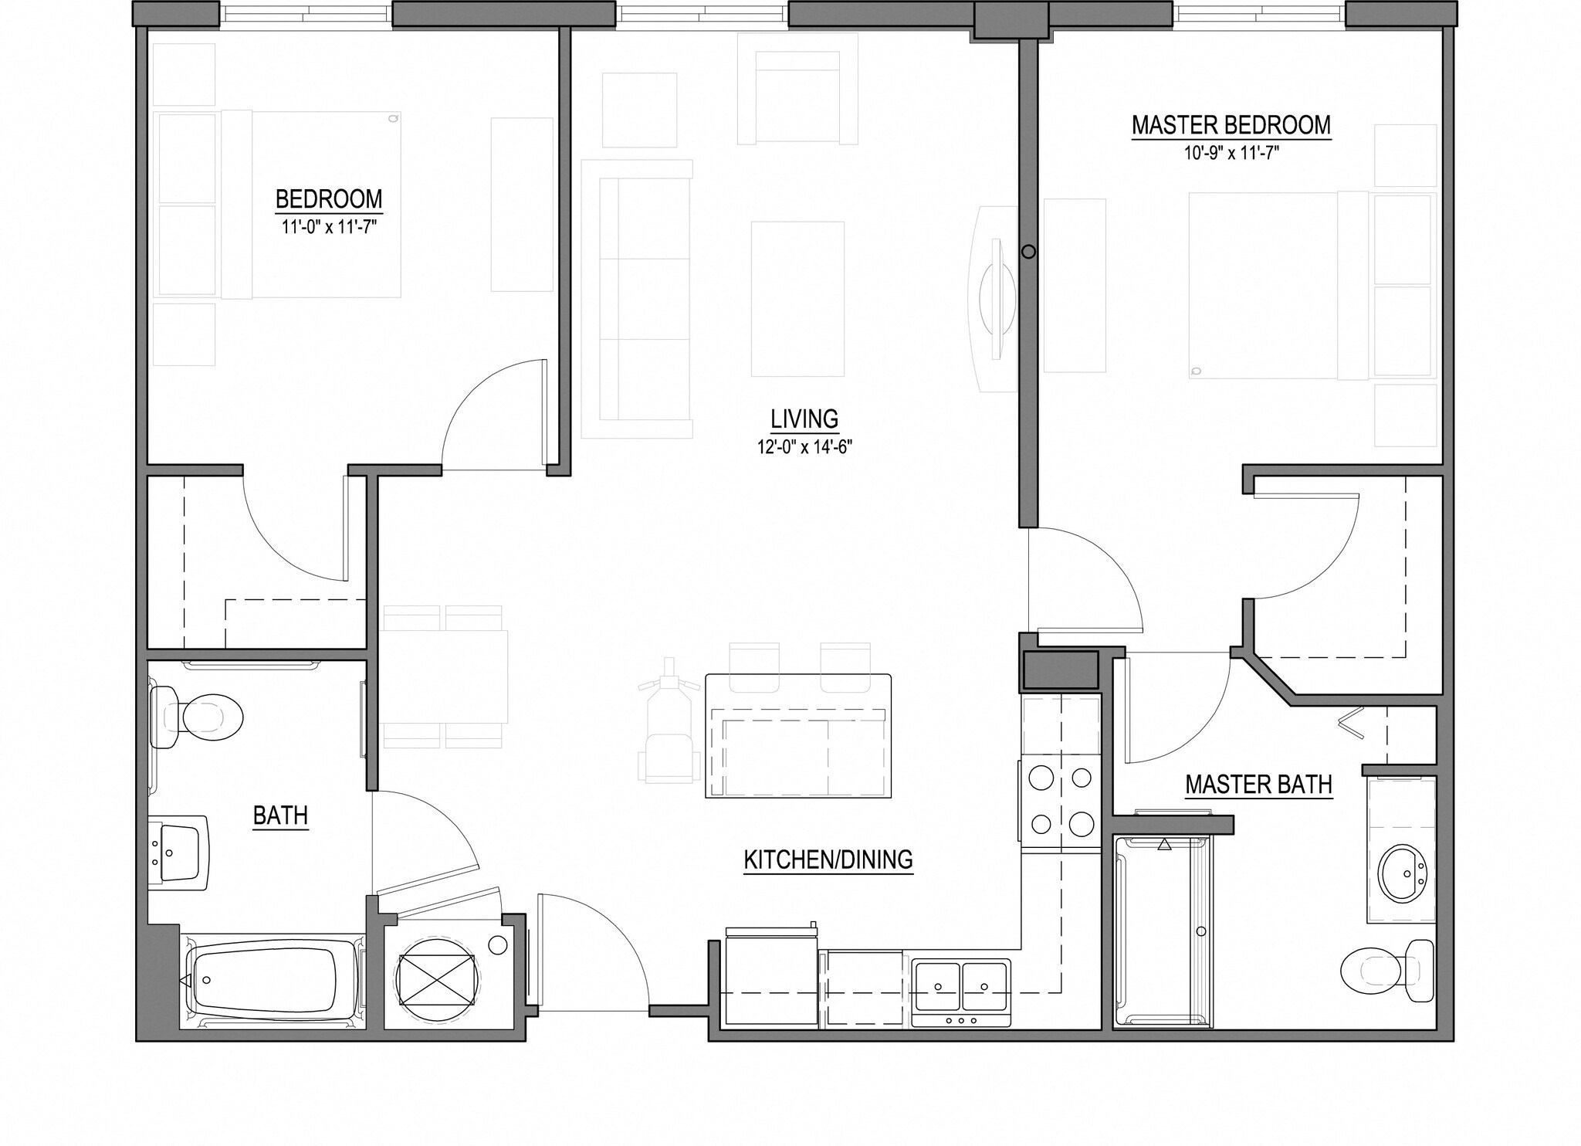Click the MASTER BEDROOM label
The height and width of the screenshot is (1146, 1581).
coord(1231,125)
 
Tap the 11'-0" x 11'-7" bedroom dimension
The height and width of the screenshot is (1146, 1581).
coord(329,227)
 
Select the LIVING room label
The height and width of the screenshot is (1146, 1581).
coord(804,419)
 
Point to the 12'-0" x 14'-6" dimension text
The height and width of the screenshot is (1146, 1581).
coord(804,446)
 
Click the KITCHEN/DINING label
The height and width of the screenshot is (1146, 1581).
coord(828,859)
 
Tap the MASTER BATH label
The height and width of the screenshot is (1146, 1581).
coord(1258,785)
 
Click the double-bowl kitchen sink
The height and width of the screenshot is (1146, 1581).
coord(960,989)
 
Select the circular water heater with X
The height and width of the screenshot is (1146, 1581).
coord(436,980)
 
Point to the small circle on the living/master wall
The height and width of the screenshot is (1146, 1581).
coord(1028,252)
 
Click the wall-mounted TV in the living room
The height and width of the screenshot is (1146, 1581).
coord(996,297)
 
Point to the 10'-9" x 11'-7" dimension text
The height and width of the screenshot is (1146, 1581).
coord(1231,153)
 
